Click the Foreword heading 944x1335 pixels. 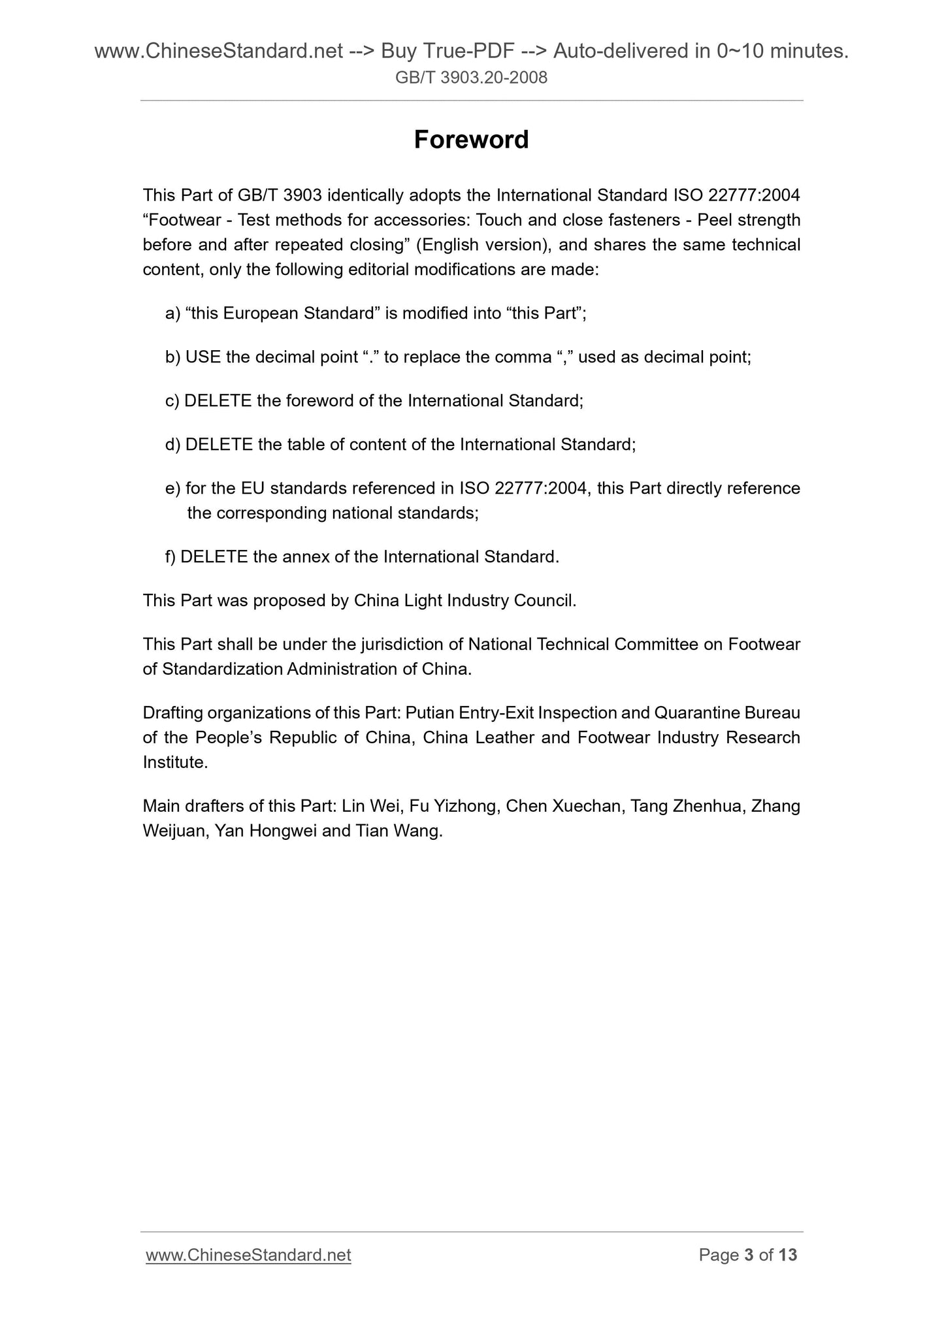coord(471,140)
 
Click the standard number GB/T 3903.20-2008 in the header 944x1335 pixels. coord(471,78)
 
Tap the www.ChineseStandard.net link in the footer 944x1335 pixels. coord(248,1255)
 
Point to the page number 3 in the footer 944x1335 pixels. coord(749,1255)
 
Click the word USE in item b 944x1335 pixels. coord(203,357)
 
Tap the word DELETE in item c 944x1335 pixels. coord(218,400)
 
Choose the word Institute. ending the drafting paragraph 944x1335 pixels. coord(175,762)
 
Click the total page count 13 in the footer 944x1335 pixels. coord(788,1255)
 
